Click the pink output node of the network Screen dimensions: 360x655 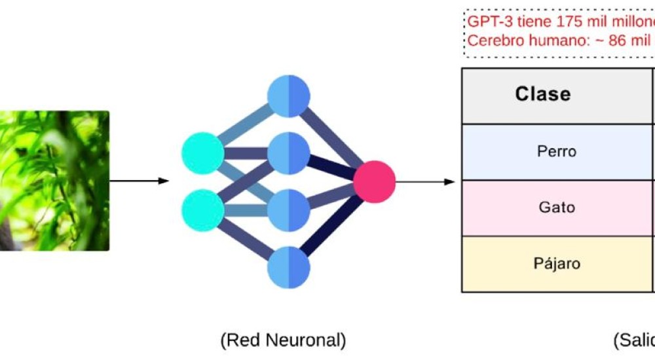pos(375,181)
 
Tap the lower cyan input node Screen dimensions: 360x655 pos(202,210)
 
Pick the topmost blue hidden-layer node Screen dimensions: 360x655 pos(289,96)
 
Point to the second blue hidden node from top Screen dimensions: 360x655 pos(289,153)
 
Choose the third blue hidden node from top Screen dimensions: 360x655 pos(289,210)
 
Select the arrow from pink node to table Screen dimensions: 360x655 pos(425,181)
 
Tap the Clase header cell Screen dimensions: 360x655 pos(543,95)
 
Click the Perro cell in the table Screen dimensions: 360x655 pos(556,151)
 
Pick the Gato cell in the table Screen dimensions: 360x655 pos(556,207)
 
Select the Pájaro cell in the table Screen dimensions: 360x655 pos(556,264)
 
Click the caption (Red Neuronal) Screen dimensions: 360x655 pos(283,340)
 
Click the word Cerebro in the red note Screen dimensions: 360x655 pos(493,40)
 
